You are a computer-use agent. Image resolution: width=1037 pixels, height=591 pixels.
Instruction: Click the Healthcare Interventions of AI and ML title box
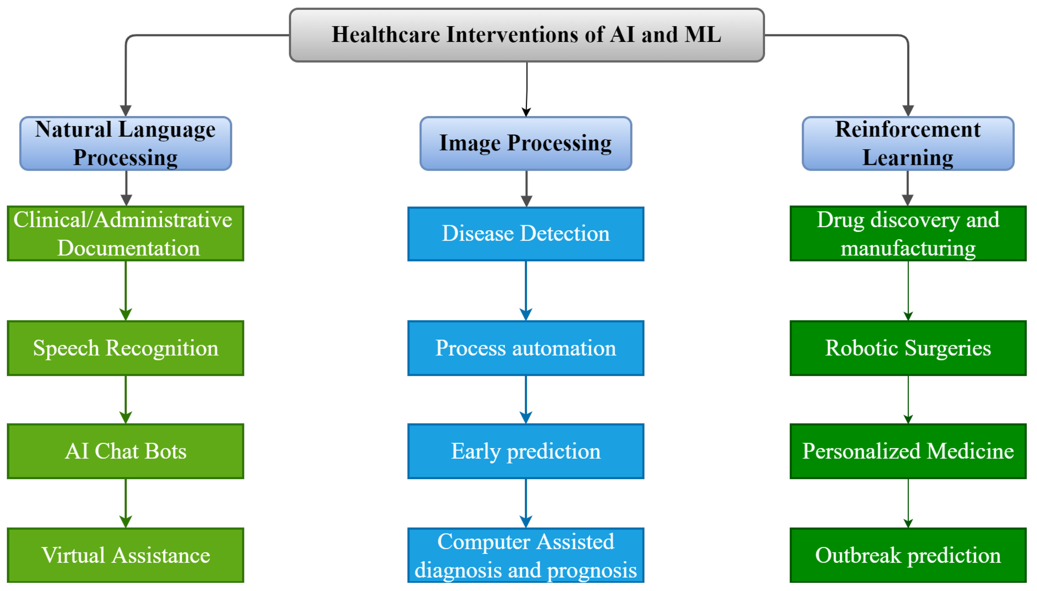527,35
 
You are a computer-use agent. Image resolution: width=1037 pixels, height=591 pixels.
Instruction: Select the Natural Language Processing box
126,143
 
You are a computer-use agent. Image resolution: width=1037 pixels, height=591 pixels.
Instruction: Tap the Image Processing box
526,143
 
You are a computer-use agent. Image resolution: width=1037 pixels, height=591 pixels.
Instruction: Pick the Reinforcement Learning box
908,143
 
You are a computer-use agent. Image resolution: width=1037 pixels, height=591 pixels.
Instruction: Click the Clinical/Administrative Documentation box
126,233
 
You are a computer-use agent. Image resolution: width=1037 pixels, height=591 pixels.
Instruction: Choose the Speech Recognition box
126,348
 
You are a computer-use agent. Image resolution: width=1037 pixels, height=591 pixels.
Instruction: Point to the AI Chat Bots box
126,451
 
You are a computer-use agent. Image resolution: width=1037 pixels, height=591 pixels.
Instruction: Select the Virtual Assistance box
126,555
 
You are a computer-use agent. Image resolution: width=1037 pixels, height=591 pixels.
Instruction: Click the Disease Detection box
526,233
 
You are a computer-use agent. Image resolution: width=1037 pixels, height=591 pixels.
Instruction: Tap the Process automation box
526,348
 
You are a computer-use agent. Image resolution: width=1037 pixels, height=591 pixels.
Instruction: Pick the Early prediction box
526,451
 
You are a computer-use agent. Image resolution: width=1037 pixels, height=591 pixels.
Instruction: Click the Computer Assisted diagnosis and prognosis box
526,555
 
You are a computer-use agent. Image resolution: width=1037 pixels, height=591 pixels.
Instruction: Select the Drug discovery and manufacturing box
908,233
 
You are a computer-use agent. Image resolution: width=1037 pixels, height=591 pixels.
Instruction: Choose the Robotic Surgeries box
908,348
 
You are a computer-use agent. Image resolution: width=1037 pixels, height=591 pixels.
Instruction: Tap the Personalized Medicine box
908,451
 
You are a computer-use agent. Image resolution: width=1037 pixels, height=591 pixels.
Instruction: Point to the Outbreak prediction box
908,555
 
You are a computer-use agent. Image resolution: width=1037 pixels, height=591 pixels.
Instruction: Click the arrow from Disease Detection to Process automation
526,290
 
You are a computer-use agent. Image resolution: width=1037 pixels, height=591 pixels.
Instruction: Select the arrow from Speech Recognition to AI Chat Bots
126,400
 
